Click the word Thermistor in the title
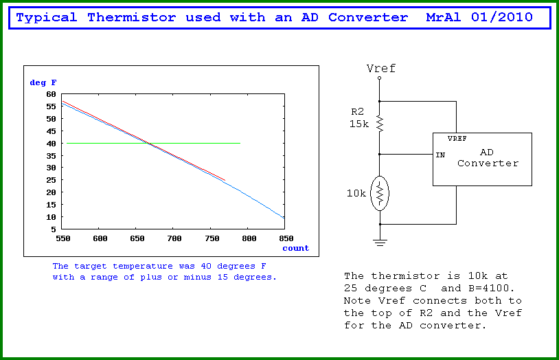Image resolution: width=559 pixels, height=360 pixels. pos(132,17)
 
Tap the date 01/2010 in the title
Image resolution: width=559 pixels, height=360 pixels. pos(502,17)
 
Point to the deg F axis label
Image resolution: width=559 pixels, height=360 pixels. pos(43,82)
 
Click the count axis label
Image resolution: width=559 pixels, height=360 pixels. pos(295,248)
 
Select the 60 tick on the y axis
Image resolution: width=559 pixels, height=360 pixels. pos(51,94)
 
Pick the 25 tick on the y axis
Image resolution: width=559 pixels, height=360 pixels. pos(51,180)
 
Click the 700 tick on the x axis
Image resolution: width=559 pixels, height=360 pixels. pos(174,238)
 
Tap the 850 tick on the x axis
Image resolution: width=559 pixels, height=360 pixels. pos(286,238)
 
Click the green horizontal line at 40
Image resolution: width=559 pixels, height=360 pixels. pos(153,143)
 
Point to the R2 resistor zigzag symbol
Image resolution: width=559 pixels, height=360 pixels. pos(380,124)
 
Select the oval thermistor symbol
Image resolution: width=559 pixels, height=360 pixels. pos(380,193)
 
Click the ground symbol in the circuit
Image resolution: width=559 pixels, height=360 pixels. pos(380,243)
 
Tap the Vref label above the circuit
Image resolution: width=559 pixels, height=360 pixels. pos(380,68)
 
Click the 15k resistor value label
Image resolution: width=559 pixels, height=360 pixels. pos(358,124)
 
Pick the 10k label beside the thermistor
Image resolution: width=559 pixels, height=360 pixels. pos(356,193)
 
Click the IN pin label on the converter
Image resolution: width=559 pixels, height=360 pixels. pos(440,155)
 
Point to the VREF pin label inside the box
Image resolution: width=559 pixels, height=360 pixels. pos(457,138)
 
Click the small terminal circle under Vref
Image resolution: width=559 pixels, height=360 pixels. pos(379,78)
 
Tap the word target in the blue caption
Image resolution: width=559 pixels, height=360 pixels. pos(90,266)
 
